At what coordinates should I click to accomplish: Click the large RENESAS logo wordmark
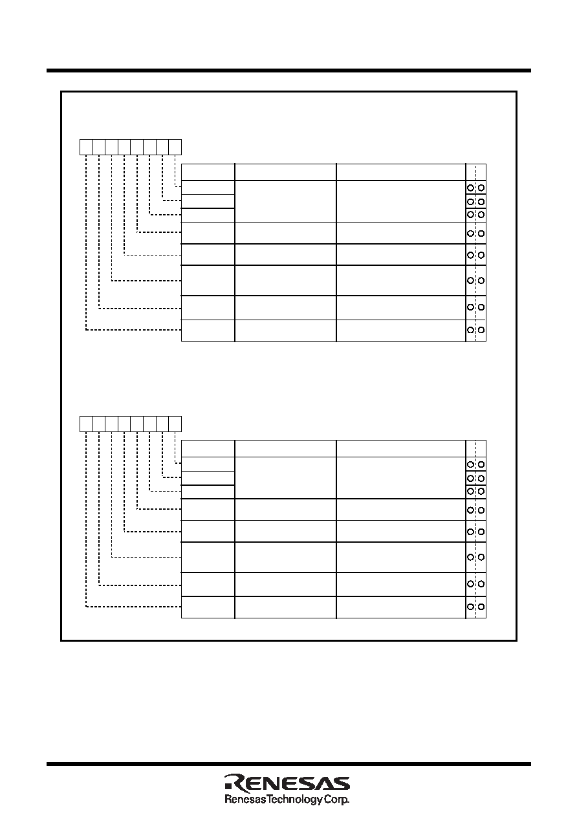287,782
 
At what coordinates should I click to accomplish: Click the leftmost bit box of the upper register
86,147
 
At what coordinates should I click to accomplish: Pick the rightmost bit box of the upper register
175,147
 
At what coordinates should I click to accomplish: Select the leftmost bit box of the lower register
86,424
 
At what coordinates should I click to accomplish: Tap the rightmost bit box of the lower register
175,424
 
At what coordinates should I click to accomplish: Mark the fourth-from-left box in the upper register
124,147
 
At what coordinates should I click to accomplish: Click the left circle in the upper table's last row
470,330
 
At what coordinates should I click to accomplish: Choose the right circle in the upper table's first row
481,188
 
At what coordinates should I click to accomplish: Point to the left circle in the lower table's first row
470,464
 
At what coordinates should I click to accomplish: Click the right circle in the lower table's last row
481,607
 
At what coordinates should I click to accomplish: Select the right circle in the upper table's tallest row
481,281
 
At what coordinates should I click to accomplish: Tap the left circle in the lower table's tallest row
470,558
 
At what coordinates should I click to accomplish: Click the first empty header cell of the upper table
208,172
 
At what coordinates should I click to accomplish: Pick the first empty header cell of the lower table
208,449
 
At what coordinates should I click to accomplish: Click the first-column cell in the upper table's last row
208,331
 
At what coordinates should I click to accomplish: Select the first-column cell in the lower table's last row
208,607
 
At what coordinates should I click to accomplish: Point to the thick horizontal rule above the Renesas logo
288,764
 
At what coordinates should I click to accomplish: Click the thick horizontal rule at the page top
288,71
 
